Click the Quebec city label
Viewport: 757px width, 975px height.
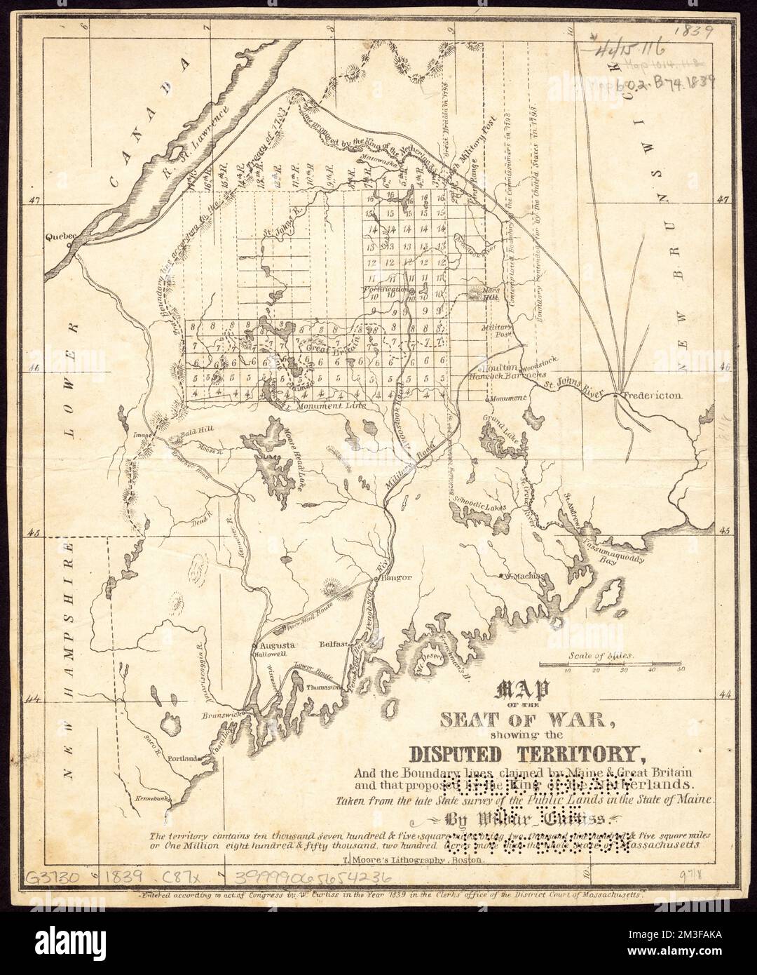(x=59, y=237)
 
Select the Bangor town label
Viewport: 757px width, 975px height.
(x=394, y=579)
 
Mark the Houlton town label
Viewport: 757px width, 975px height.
(x=498, y=368)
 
